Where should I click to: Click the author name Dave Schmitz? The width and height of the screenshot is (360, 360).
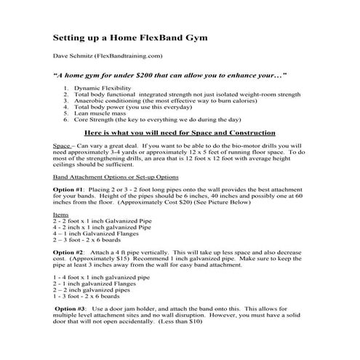73,55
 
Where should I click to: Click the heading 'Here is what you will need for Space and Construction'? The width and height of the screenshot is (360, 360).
182,134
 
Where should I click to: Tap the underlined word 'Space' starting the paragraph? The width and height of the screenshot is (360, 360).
62,146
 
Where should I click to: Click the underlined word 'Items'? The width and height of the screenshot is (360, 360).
62,215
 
